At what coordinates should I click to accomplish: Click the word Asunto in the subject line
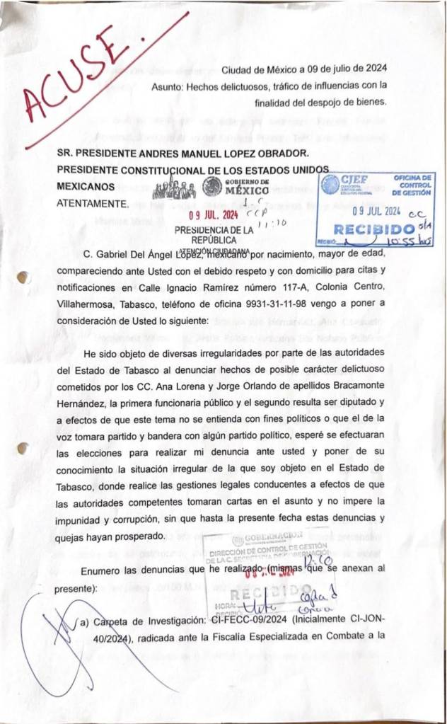pyautogui.click(x=166, y=86)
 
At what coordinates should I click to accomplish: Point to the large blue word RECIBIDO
pyautogui.click(x=373, y=230)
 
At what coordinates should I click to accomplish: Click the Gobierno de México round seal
pyautogui.click(x=211, y=187)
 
